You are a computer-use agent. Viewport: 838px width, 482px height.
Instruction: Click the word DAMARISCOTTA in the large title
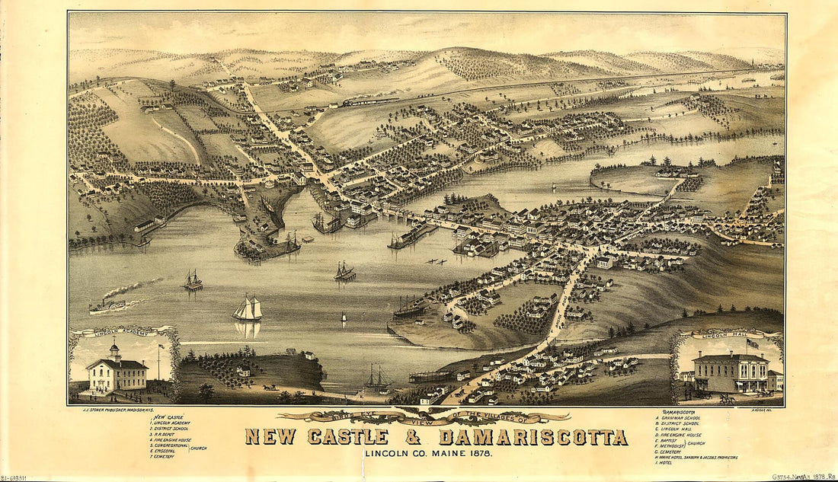tap(533, 437)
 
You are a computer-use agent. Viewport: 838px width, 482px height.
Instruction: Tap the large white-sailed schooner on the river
tap(248, 309)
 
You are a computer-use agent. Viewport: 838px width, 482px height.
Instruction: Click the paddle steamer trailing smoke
tap(107, 306)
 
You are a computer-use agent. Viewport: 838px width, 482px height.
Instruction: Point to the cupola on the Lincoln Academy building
tap(114, 352)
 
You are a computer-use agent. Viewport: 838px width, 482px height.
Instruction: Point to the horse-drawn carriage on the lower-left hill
tap(270, 387)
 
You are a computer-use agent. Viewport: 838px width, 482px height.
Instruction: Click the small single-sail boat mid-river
tap(343, 317)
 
